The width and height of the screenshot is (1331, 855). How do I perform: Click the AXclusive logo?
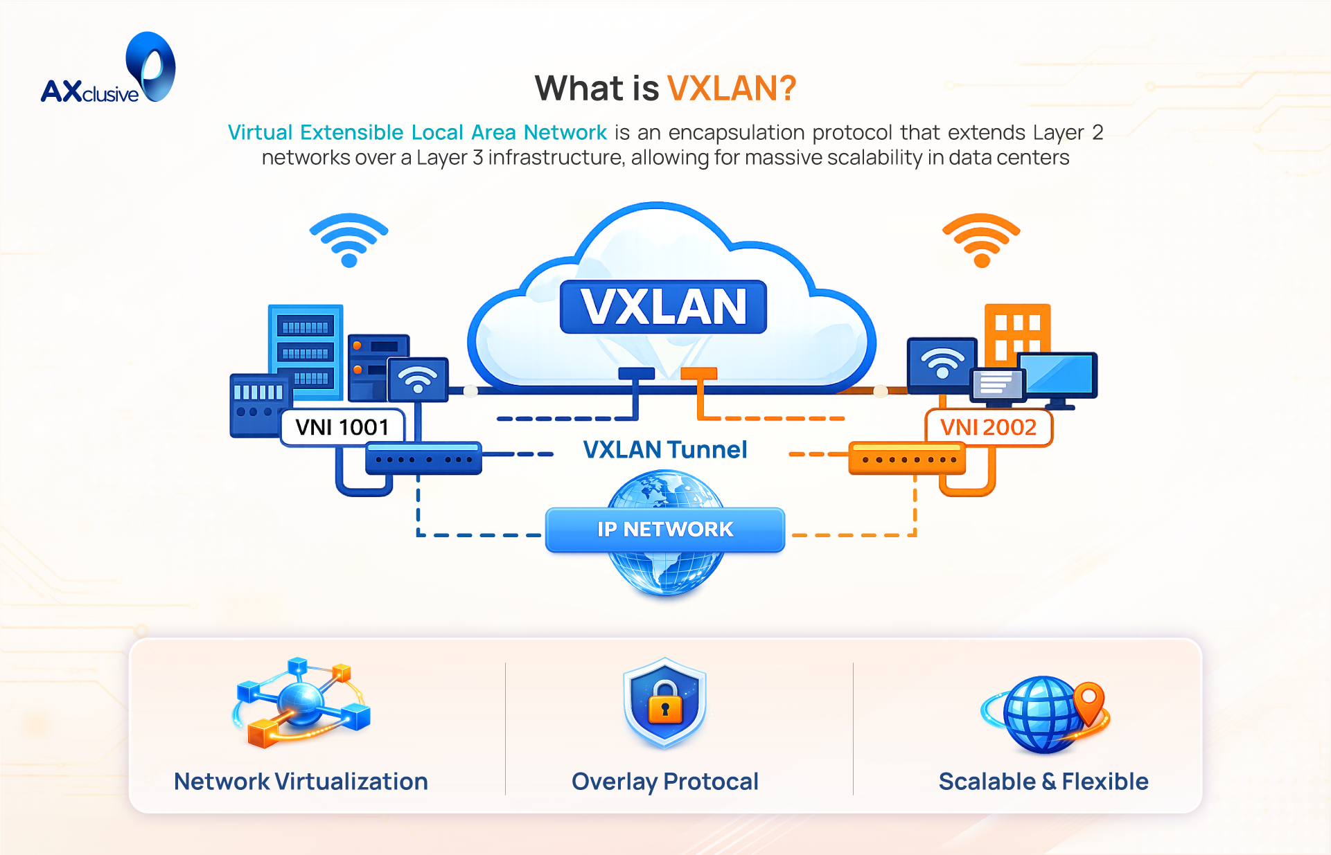point(108,70)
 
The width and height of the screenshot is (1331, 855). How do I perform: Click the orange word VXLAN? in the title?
point(731,89)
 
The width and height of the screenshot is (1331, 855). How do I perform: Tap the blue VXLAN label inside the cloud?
point(663,307)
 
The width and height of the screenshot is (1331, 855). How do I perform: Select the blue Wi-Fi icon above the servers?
point(349,239)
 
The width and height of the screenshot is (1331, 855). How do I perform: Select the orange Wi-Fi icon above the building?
point(981,240)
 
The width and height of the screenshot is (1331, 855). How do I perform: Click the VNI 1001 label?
point(342,427)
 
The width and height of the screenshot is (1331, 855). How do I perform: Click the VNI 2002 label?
point(988,427)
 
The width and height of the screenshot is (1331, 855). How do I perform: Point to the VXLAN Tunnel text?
point(664,450)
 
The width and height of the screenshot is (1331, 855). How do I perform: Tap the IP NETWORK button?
point(664,530)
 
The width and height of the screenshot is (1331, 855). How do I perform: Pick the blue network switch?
point(423,458)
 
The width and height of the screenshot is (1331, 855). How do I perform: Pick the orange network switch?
point(906,458)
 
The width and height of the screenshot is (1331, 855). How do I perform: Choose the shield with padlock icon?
point(664,702)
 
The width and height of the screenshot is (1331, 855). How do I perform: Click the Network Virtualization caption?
point(301,782)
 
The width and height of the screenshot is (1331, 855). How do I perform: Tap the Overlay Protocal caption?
point(664,782)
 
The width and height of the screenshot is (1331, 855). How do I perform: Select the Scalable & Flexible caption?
point(1043,782)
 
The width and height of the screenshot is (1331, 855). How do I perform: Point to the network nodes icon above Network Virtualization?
point(302,702)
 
